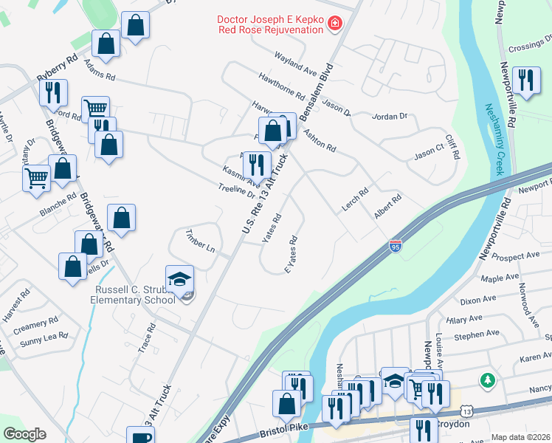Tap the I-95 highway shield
click(x=396, y=244)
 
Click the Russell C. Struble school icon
click(x=179, y=278)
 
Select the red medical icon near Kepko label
click(x=335, y=24)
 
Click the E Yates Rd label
click(x=291, y=255)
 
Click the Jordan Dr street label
click(x=390, y=117)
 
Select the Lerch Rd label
click(x=355, y=201)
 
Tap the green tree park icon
click(x=486, y=380)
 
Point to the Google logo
click(x=24, y=434)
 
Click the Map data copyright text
click(x=521, y=437)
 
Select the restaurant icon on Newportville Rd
click(x=525, y=80)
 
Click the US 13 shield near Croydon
click(x=468, y=410)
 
